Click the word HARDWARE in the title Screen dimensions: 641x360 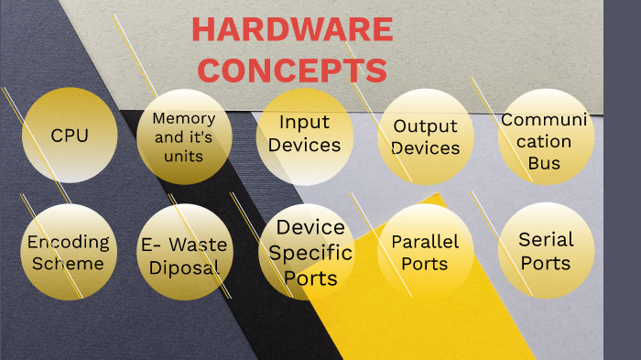(x=292, y=30)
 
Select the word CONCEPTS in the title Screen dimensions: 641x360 (x=292, y=70)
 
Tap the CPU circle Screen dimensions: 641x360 (x=70, y=136)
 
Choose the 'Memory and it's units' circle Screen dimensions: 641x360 (x=184, y=136)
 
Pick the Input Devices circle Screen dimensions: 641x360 (x=305, y=134)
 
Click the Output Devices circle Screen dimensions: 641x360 (x=426, y=136)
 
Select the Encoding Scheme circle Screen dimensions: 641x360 (x=67, y=252)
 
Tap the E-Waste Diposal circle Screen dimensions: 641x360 (x=184, y=256)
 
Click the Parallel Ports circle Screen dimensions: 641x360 (x=425, y=252)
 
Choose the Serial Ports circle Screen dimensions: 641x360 (x=546, y=251)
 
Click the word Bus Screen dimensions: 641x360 (x=545, y=164)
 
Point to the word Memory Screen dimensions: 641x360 (x=184, y=118)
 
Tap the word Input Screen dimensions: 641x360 (x=305, y=122)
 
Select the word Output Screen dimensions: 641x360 (x=426, y=125)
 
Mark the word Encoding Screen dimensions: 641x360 (x=68, y=243)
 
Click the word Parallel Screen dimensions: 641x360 (x=425, y=242)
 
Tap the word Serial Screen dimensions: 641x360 (x=546, y=240)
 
